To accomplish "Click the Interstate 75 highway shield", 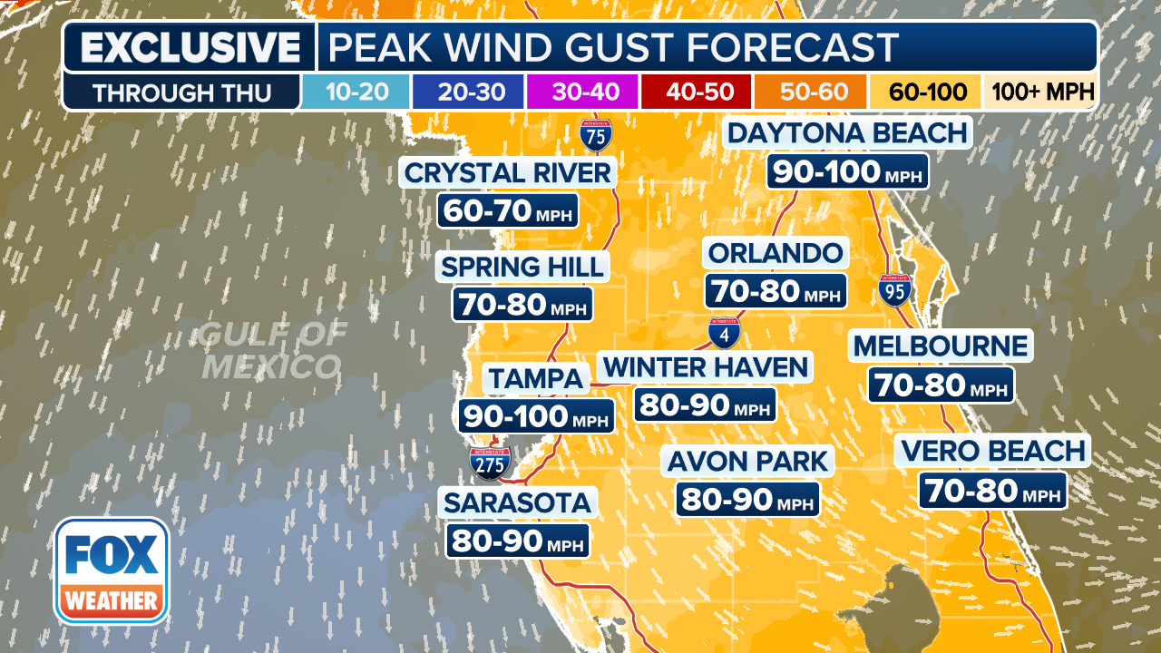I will (596, 134).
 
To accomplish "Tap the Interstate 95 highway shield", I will (894, 289).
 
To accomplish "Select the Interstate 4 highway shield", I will (724, 333).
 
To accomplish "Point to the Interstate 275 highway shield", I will (490, 462).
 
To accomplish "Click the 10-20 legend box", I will (355, 93).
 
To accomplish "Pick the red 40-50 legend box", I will (696, 93).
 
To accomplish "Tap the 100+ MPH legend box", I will (1042, 93).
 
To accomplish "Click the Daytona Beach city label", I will (847, 133).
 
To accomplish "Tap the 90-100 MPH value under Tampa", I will (536, 416).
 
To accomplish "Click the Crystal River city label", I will (508, 172).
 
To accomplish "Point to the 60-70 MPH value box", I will (508, 211).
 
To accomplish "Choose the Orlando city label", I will (776, 252).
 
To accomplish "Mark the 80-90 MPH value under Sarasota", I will (517, 541).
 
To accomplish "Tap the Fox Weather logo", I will (112, 570).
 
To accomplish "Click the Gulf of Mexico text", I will (271, 351).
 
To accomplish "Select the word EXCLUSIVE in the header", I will (190, 48).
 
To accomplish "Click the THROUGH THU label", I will (181, 93).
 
